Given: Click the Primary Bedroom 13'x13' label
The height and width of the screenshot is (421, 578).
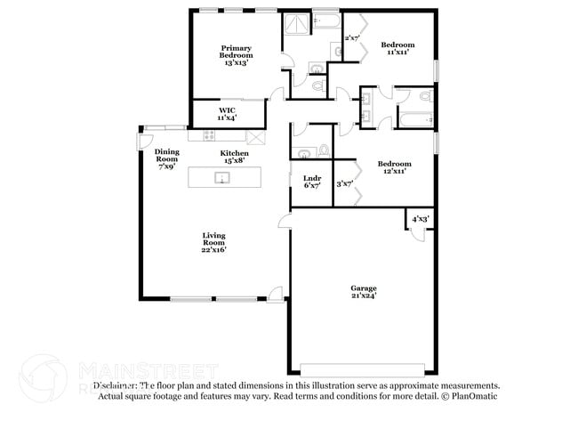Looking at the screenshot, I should coord(236,56).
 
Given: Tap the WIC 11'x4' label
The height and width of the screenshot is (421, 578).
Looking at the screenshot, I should coord(227,114).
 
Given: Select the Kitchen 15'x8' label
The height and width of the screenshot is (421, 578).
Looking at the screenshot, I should coord(235,158).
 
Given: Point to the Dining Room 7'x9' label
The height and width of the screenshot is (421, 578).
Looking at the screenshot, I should coord(166,158).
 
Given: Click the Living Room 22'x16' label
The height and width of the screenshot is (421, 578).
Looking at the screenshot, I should coord(213,243).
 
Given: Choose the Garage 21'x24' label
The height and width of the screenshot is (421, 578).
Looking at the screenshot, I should coord(363,292).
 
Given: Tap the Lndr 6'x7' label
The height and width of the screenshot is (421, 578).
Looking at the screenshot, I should coord(311,182).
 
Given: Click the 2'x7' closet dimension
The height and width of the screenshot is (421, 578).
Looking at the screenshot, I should coord(351,38).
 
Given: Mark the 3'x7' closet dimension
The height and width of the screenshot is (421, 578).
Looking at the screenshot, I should coord(344,184).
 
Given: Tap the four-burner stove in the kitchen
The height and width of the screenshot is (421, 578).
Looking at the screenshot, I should coord(209,136).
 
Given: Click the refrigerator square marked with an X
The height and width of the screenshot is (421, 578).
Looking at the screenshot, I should coord(255,136).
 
